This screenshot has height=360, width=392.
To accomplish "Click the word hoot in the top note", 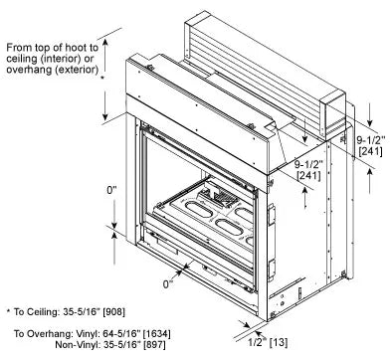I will (x=67, y=48).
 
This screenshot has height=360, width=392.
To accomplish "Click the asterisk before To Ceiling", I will (x=8, y=311).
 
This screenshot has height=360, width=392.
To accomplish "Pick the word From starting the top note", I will (x=19, y=48).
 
